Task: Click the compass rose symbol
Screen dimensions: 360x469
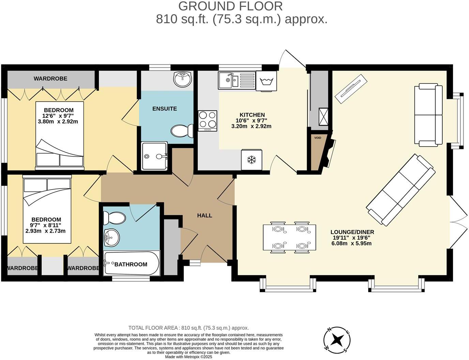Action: click(x=337, y=340)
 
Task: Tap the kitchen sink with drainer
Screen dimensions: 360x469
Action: click(x=237, y=80)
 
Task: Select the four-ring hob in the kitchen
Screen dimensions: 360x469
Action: click(x=208, y=121)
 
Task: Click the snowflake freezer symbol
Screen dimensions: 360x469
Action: click(x=252, y=160)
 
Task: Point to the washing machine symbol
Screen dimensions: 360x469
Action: click(x=267, y=81)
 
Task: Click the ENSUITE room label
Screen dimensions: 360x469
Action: click(x=165, y=109)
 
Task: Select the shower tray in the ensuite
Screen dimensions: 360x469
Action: click(x=154, y=156)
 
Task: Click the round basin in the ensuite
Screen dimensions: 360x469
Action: click(x=183, y=79)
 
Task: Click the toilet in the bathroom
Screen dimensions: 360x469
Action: click(x=114, y=217)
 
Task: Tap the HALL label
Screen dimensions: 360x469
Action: click(x=205, y=215)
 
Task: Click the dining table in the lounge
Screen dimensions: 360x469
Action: click(x=289, y=237)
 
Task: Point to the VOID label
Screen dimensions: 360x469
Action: click(x=318, y=138)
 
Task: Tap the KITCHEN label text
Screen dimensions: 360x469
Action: click(x=252, y=115)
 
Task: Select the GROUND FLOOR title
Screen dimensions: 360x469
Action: click(x=230, y=6)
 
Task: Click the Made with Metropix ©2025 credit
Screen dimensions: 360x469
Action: click(x=188, y=357)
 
